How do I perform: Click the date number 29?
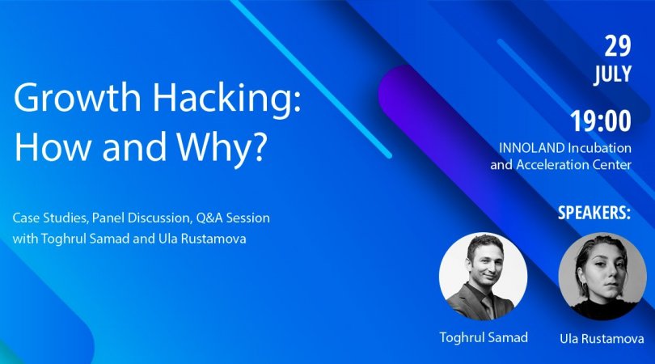tap(618, 46)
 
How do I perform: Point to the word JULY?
tap(613, 74)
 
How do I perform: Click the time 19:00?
tap(601, 121)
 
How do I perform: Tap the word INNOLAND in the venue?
tap(532, 148)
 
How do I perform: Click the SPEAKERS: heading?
tap(594, 213)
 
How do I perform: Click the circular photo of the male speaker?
tap(484, 277)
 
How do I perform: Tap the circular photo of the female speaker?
tap(602, 277)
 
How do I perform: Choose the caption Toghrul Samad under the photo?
tap(484, 337)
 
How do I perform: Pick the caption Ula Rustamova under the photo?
tap(602, 338)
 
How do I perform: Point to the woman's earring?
tap(583, 288)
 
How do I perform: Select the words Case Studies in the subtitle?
tap(51, 218)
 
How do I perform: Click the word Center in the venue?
tap(614, 165)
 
